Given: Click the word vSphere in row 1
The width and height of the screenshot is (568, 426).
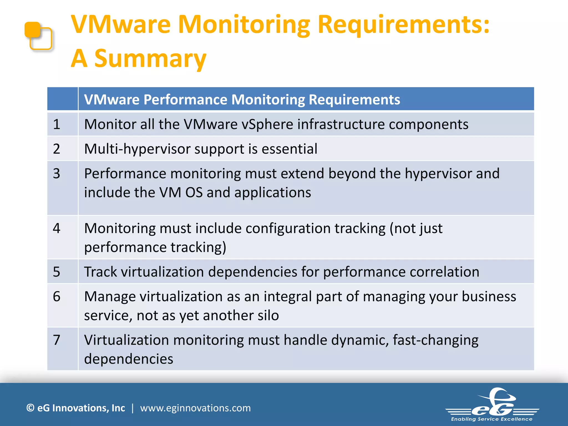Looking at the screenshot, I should (x=267, y=124).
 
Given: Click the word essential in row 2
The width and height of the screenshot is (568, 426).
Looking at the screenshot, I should (x=290, y=149).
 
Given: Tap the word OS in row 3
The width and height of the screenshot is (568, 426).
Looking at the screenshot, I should (x=194, y=192).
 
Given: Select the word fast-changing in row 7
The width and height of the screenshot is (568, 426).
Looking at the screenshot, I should (x=435, y=340).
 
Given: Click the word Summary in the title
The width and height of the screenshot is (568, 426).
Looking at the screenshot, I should (x=150, y=59).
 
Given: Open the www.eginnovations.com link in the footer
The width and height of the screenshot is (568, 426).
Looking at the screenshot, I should (x=195, y=408).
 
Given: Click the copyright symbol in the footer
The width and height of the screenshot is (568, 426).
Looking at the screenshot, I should (x=30, y=408).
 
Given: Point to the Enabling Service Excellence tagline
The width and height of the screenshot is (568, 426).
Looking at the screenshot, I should (x=492, y=419).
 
